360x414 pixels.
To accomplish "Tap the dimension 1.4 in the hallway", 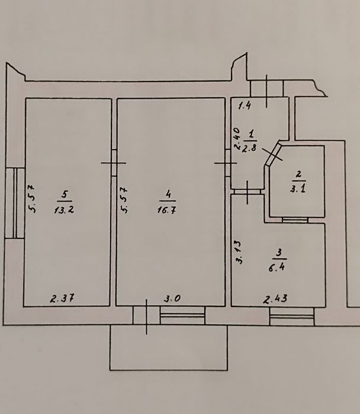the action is click(x=245, y=106).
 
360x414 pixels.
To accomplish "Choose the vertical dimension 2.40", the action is click(x=237, y=140).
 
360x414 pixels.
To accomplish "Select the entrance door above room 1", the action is click(x=268, y=88).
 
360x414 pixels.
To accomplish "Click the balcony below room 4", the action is click(x=169, y=349).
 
